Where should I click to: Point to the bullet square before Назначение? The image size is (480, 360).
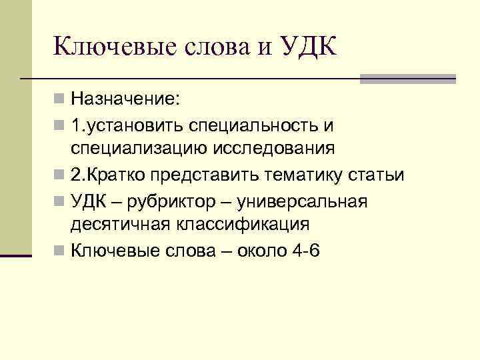point(60,100)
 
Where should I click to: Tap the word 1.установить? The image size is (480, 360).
point(126,125)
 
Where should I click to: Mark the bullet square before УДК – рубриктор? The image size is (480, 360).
point(60,200)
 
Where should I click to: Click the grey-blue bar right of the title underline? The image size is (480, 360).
point(408,79)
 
